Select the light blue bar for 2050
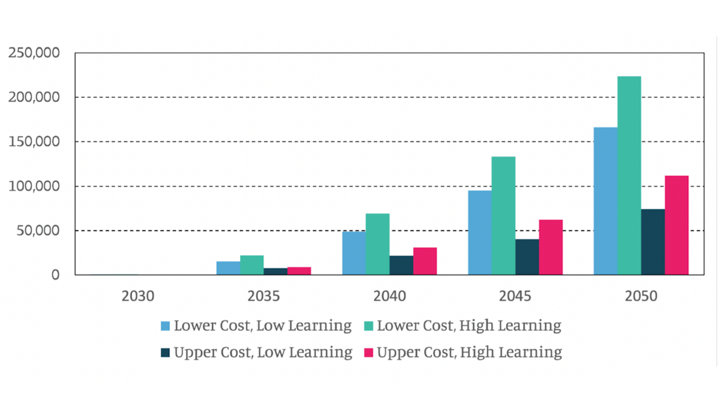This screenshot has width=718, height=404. tap(605, 201)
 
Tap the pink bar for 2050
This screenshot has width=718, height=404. tap(677, 225)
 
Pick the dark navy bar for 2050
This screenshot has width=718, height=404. tap(653, 242)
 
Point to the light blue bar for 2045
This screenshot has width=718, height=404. tap(480, 233)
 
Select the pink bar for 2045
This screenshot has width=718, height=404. tap(550, 247)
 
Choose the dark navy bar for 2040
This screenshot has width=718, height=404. tap(401, 265)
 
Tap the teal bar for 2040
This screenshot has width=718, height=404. tap(378, 244)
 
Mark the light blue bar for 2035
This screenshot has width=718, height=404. tap(228, 268)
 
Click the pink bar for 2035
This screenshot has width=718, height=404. tap(299, 271)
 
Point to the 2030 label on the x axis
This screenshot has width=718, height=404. tap(138, 296)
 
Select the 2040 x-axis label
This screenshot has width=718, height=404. tap(390, 296)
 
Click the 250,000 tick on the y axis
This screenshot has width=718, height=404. tap(34, 53)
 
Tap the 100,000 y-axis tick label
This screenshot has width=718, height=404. tap(34, 187)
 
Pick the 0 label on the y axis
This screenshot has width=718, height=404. tap(55, 275)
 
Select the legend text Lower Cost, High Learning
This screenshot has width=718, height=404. tap(468, 326)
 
